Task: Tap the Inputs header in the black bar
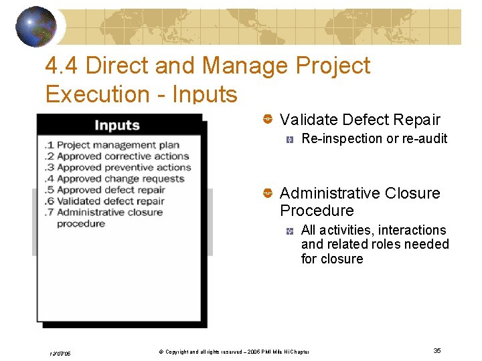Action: click(x=117, y=125)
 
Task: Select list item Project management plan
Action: click(x=118, y=144)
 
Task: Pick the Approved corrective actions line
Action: click(x=123, y=156)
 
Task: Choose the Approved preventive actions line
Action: click(x=124, y=167)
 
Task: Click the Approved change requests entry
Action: click(x=120, y=178)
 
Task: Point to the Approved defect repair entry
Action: click(x=110, y=189)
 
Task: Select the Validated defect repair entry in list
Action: click(x=110, y=201)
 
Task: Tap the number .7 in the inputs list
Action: click(x=49, y=212)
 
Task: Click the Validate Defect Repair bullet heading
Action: click(x=359, y=120)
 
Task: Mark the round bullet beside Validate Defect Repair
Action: click(x=267, y=120)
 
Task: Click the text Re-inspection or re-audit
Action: click(x=374, y=139)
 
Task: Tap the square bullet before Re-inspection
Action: click(x=289, y=140)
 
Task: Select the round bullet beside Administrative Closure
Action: click(x=267, y=193)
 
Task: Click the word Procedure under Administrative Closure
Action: click(x=317, y=211)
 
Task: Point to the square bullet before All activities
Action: click(x=289, y=231)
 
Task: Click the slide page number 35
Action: click(x=436, y=351)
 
